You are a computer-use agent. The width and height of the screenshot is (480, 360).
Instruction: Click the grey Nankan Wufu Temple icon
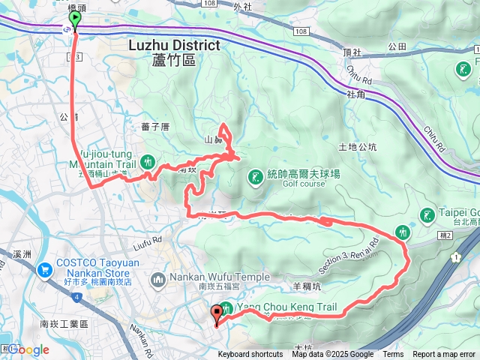[158, 280]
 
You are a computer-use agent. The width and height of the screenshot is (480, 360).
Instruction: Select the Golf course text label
[303, 184]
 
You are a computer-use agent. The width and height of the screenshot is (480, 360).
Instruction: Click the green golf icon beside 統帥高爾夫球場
[255, 176]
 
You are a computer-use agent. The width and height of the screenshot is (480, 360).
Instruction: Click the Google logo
[28, 349]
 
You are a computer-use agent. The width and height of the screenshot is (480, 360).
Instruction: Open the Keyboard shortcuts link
[250, 355]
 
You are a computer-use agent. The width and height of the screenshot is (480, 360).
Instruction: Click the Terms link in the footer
[393, 355]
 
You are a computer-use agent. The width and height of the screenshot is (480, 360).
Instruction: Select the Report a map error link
[444, 355]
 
